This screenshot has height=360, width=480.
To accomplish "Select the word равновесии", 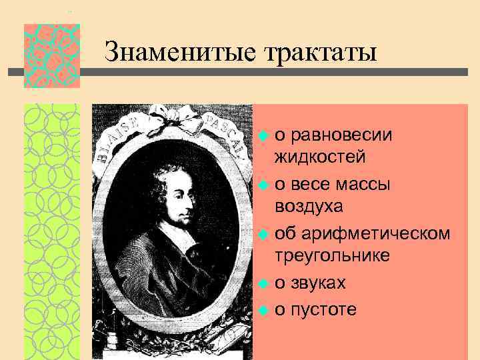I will pyautogui.click(x=342, y=135).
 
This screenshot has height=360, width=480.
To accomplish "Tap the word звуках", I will pyautogui.click(x=319, y=282).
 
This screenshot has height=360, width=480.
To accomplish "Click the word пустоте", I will pyautogui.click(x=324, y=309).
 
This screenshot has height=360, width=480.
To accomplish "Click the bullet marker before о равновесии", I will pyautogui.click(x=263, y=136).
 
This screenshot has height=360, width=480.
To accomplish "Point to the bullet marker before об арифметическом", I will pyautogui.click(x=263, y=233).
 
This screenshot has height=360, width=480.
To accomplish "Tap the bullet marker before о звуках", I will pyautogui.click(x=263, y=283).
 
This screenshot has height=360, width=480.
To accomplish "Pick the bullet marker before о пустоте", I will pyautogui.click(x=263, y=310).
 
